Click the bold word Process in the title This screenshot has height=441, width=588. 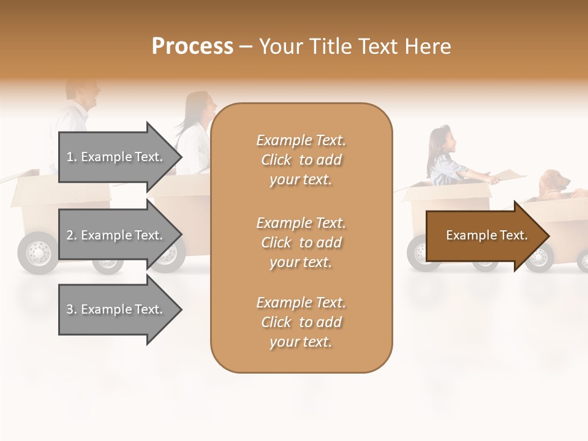192,47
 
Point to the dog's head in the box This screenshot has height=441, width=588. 554,181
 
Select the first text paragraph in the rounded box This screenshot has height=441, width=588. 301,160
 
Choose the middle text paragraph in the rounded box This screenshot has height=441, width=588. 301,243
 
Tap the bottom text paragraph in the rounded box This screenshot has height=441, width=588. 301,322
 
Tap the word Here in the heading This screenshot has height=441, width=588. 429,47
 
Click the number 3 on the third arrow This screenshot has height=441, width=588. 70,309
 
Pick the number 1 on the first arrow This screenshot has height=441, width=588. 70,157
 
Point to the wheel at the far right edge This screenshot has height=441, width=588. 583,260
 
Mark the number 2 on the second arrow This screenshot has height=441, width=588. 70,235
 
